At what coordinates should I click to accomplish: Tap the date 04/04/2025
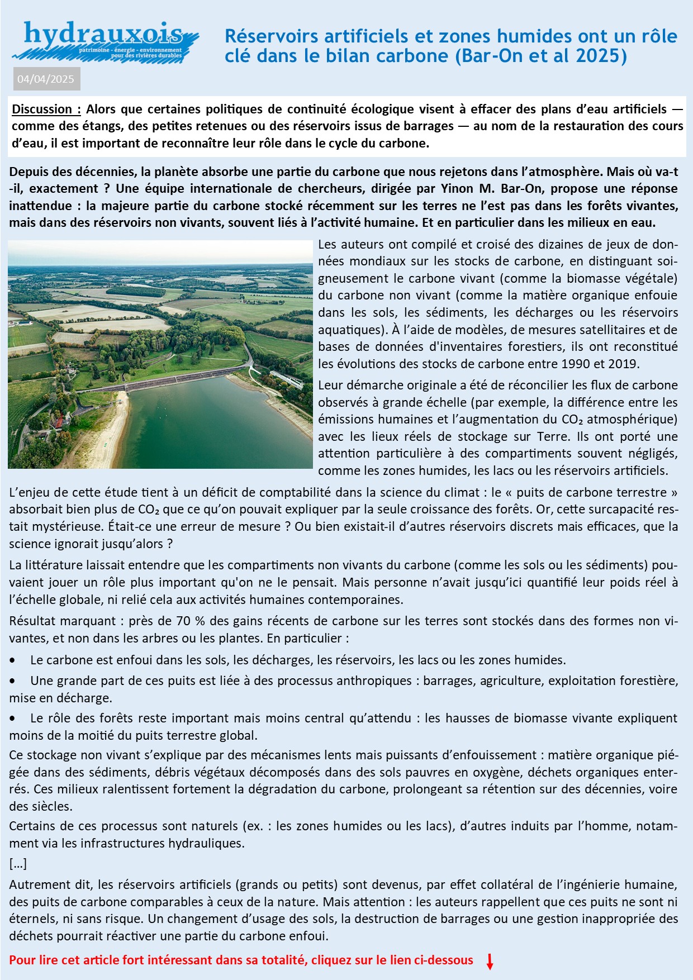[x=46, y=79]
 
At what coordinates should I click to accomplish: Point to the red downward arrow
[x=490, y=961]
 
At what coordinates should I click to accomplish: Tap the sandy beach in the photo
[x=112, y=430]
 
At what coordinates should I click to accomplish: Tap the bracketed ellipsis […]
[x=18, y=864]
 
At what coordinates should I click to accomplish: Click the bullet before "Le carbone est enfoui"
[x=13, y=660]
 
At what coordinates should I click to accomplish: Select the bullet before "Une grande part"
[x=13, y=681]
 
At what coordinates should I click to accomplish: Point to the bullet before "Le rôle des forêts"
[x=13, y=719]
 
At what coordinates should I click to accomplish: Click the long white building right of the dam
[x=286, y=379]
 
